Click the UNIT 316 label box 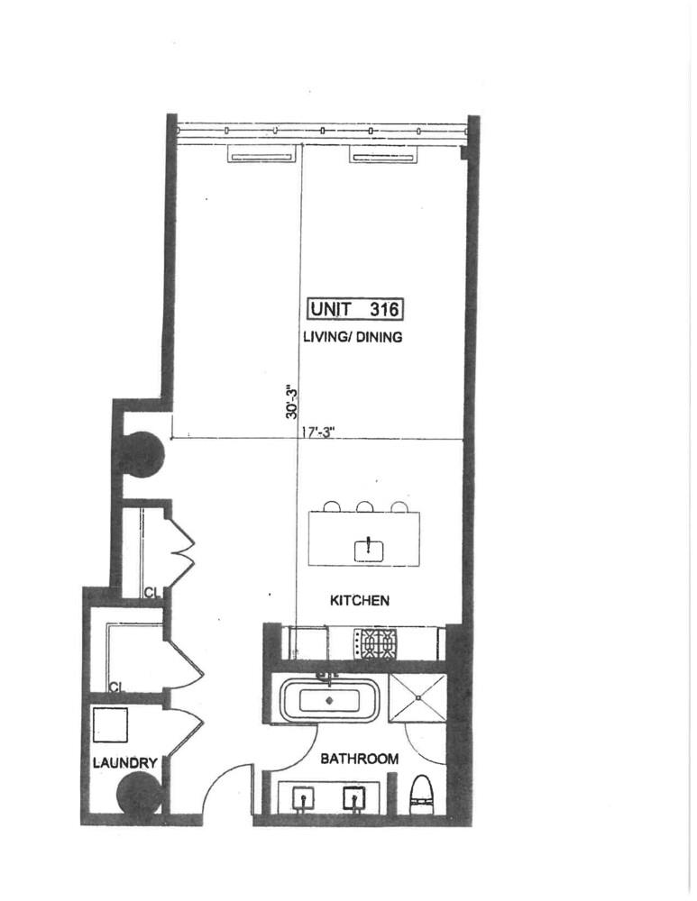tap(355, 308)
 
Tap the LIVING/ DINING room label tap(353, 337)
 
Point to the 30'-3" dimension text tap(292, 401)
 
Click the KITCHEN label tap(360, 600)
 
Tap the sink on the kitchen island tap(369, 550)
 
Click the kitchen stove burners tap(374, 643)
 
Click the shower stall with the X tap(418, 698)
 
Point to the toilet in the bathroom tap(421, 796)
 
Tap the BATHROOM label tap(360, 759)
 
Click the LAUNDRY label tap(124, 763)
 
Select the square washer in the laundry tap(110, 725)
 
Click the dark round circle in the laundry tap(139, 792)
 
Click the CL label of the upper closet tap(152, 593)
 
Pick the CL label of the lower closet tap(117, 686)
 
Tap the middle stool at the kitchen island tap(365, 506)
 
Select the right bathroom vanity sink tap(353, 798)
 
